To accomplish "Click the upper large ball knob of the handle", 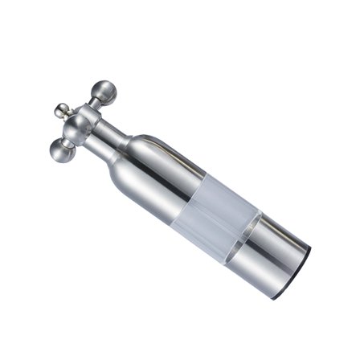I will (104, 92).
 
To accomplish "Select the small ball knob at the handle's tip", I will (61, 108).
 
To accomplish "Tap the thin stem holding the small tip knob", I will (69, 113).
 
